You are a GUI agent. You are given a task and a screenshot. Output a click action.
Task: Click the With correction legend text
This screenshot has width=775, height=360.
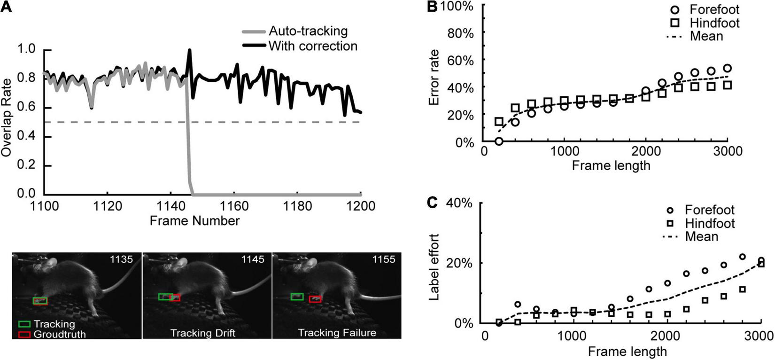click(313, 46)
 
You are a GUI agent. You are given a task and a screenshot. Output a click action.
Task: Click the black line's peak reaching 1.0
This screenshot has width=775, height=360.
click(190, 50)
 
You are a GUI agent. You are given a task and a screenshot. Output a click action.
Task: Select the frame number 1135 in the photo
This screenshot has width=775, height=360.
click(121, 259)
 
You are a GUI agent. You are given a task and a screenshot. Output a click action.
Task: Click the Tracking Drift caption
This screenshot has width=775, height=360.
click(202, 333)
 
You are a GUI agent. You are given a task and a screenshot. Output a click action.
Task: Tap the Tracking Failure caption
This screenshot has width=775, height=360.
click(337, 333)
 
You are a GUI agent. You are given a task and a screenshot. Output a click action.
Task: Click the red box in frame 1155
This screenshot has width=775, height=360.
click(315, 299)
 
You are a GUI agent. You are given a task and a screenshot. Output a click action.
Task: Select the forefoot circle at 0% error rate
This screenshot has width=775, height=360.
click(499, 141)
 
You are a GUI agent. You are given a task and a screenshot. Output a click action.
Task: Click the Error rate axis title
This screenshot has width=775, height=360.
click(434, 77)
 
